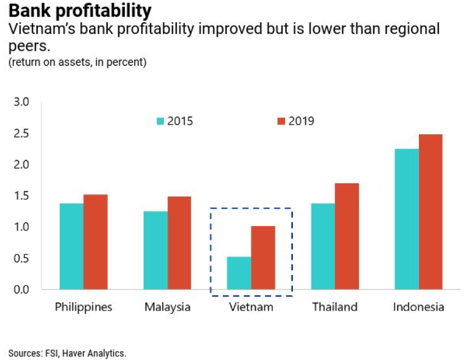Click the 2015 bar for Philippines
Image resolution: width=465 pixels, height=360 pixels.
(72, 246)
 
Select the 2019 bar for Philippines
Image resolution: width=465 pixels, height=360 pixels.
(95, 242)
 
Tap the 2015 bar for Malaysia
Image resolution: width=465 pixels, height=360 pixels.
(156, 250)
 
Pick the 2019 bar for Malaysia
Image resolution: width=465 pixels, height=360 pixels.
(179, 243)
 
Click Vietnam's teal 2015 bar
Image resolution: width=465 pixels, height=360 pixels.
(239, 273)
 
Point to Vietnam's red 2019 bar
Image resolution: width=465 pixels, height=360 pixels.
(263, 257)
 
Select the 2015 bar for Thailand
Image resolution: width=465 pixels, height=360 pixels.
(322, 246)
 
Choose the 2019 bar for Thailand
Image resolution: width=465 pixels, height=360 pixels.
(347, 236)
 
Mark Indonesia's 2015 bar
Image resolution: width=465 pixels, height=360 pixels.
(406, 218)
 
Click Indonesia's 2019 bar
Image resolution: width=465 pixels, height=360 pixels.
(430, 212)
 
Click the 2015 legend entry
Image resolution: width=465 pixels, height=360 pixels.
(175, 121)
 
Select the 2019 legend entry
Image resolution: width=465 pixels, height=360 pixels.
(296, 121)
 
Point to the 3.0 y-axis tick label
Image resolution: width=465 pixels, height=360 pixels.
(22, 102)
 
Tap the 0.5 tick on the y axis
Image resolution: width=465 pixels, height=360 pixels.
(22, 258)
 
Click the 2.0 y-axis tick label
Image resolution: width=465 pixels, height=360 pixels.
(22, 164)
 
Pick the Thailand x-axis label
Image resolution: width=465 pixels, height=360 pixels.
(335, 307)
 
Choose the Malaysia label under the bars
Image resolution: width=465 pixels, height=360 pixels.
(167, 307)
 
